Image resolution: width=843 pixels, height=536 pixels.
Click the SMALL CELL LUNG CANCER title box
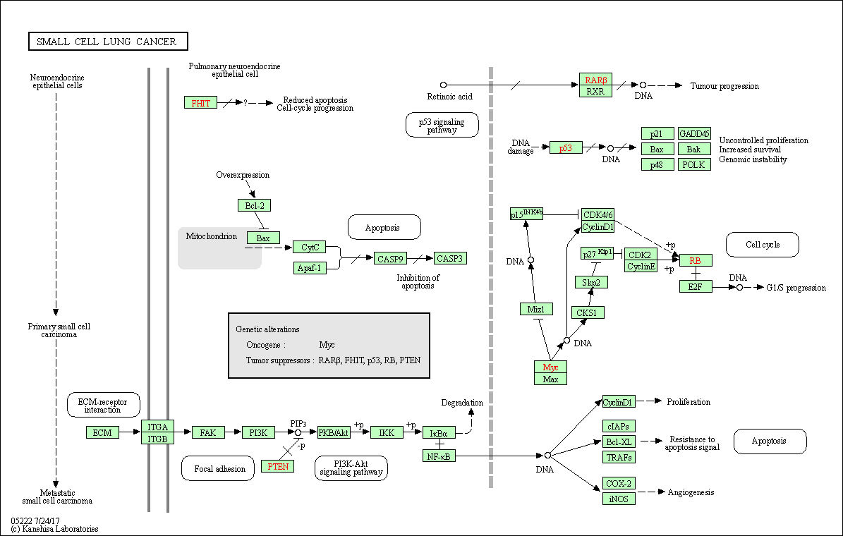click(108, 42)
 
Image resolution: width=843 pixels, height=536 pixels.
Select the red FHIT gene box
click(200, 102)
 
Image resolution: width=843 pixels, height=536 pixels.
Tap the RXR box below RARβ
click(595, 91)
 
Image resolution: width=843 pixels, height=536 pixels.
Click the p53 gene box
click(566, 147)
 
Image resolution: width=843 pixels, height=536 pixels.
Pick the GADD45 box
click(694, 134)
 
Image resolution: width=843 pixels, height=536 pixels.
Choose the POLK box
click(694, 164)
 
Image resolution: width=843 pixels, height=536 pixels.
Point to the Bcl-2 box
click(254, 205)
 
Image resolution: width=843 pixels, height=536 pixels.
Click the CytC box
click(310, 247)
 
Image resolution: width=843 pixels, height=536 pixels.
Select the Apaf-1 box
click(310, 268)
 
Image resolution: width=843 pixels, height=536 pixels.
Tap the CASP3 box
click(450, 258)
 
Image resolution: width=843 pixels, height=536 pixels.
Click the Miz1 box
click(536, 309)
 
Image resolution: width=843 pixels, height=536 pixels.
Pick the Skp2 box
click(591, 282)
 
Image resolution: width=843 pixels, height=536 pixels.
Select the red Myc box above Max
click(550, 367)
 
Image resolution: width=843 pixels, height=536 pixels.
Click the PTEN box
click(277, 466)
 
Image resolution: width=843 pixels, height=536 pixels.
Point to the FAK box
click(207, 432)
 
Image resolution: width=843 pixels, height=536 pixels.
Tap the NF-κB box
click(439, 456)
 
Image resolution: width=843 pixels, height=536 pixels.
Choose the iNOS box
click(619, 499)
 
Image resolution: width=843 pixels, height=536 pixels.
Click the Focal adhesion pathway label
click(219, 468)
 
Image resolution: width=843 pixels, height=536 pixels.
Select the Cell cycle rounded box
click(763, 245)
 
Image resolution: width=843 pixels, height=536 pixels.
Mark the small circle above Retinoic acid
click(443, 85)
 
